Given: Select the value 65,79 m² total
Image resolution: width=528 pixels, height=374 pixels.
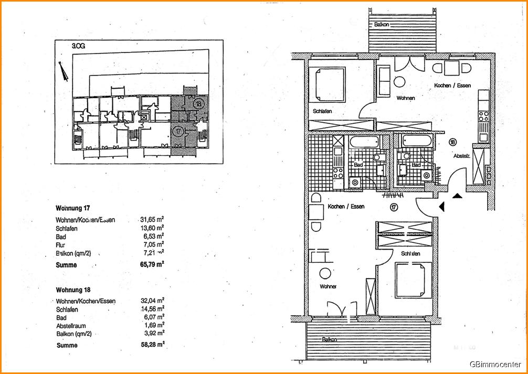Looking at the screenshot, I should pyautogui.click(x=152, y=265).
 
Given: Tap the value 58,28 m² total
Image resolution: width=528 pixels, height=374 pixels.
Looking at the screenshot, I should pyautogui.click(x=152, y=345).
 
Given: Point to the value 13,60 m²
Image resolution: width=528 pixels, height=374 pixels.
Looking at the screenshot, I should pyautogui.click(x=152, y=229).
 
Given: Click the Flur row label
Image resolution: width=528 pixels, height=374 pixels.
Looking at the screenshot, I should pyautogui.click(x=60, y=244).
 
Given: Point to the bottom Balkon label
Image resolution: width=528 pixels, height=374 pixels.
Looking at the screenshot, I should pyautogui.click(x=330, y=339).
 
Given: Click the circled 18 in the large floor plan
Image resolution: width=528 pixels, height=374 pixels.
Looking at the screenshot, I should pyautogui.click(x=453, y=142).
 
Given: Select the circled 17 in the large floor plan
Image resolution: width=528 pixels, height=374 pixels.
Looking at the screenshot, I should pyautogui.click(x=393, y=207).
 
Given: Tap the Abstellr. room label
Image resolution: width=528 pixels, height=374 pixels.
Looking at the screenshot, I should pyautogui.click(x=462, y=156).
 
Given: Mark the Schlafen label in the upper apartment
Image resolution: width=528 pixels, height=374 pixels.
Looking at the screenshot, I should pyautogui.click(x=322, y=111).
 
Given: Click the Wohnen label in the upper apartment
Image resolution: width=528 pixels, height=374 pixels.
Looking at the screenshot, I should pyautogui.click(x=405, y=98).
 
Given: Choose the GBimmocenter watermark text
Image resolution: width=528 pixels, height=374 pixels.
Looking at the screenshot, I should pyautogui.click(x=495, y=364).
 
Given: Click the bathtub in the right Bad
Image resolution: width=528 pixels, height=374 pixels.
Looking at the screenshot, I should pyautogui.click(x=416, y=141).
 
